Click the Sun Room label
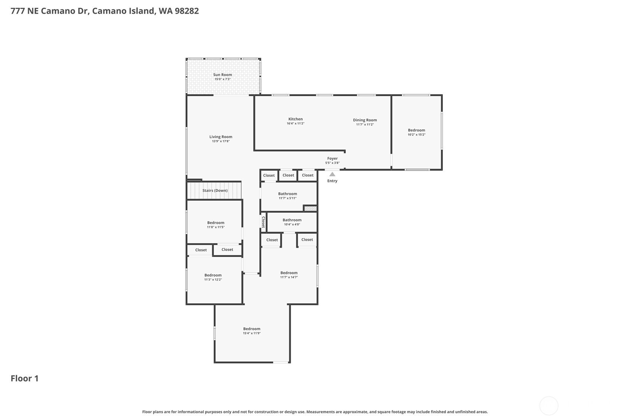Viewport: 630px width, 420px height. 222,75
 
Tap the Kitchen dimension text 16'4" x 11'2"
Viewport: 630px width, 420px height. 295,124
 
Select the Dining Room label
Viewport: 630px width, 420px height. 365,120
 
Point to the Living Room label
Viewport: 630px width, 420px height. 221,137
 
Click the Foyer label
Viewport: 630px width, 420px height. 332,158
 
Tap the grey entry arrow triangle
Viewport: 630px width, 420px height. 332,174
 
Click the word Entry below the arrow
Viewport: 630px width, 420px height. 332,181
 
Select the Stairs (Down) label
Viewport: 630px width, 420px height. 215,191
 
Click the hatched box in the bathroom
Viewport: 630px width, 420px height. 310,208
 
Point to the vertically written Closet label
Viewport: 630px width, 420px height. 263,222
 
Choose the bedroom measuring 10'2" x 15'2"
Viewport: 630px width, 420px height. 417,132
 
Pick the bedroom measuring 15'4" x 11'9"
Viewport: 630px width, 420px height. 252,331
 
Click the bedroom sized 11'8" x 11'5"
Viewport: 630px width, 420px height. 216,225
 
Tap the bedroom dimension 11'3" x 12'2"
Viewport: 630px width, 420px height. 213,280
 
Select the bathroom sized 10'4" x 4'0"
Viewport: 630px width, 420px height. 292,222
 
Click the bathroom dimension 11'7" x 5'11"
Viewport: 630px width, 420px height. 287,198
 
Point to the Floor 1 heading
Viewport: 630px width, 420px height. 25,378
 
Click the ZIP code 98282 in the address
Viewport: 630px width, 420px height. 187,11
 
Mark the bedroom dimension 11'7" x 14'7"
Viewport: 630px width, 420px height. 289,277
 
